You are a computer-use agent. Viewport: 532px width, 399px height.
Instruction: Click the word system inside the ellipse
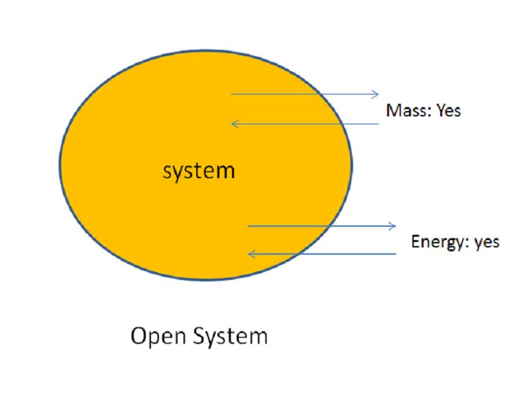pos(199,171)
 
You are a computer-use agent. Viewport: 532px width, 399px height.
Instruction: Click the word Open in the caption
pos(160,336)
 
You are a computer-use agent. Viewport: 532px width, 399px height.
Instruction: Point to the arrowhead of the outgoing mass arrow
pos(376,94)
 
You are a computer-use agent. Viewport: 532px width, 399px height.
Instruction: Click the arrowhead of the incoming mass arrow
pos(233,123)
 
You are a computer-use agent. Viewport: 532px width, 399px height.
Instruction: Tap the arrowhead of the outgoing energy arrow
pos(394,226)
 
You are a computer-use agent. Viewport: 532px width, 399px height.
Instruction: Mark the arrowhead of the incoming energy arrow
pos(250,253)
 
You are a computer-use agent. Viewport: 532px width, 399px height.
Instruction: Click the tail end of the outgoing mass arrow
pos(231,94)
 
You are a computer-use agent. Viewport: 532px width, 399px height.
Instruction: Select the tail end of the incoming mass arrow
pos(378,123)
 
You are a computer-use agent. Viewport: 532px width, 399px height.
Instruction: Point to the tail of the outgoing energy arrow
pos(248,226)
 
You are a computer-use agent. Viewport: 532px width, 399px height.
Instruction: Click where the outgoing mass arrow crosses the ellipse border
pos(321,94)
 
